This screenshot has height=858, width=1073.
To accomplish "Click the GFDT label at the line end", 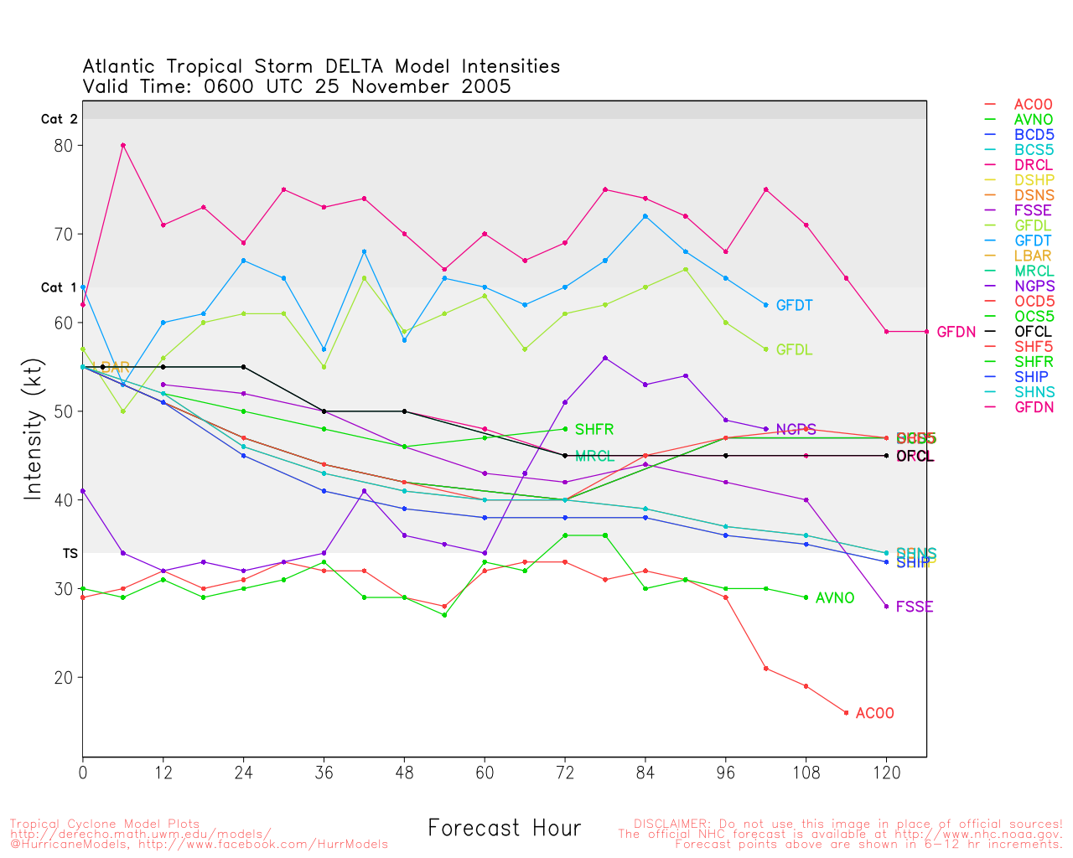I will (x=794, y=306).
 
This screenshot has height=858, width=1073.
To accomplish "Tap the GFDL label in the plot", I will (x=794, y=350).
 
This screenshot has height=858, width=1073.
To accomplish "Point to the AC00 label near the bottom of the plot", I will (x=874, y=714).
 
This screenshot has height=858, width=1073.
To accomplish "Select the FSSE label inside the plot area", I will (x=914, y=607).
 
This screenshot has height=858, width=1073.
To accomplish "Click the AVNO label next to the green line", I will (x=834, y=598).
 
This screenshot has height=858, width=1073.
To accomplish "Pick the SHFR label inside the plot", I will (x=594, y=430).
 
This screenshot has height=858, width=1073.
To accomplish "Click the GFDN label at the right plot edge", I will (x=956, y=333).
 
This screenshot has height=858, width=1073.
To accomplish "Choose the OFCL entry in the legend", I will (x=1033, y=332).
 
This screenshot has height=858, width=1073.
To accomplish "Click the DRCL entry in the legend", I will (x=1033, y=166).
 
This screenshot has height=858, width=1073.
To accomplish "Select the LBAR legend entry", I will (x=1033, y=256).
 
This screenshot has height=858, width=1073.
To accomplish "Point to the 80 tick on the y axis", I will (x=64, y=146).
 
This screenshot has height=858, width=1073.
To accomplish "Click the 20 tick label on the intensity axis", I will (x=64, y=678).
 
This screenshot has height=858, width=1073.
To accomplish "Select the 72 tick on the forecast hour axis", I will (x=565, y=773).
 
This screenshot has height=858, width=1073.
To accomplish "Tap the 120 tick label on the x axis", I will (x=887, y=773).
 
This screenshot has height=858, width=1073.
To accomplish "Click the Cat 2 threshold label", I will (x=59, y=120).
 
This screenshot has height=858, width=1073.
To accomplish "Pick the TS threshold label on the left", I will (x=70, y=554).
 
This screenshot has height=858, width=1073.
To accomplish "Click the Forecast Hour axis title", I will (x=504, y=829).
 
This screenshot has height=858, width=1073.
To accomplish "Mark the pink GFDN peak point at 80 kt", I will (x=123, y=146).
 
